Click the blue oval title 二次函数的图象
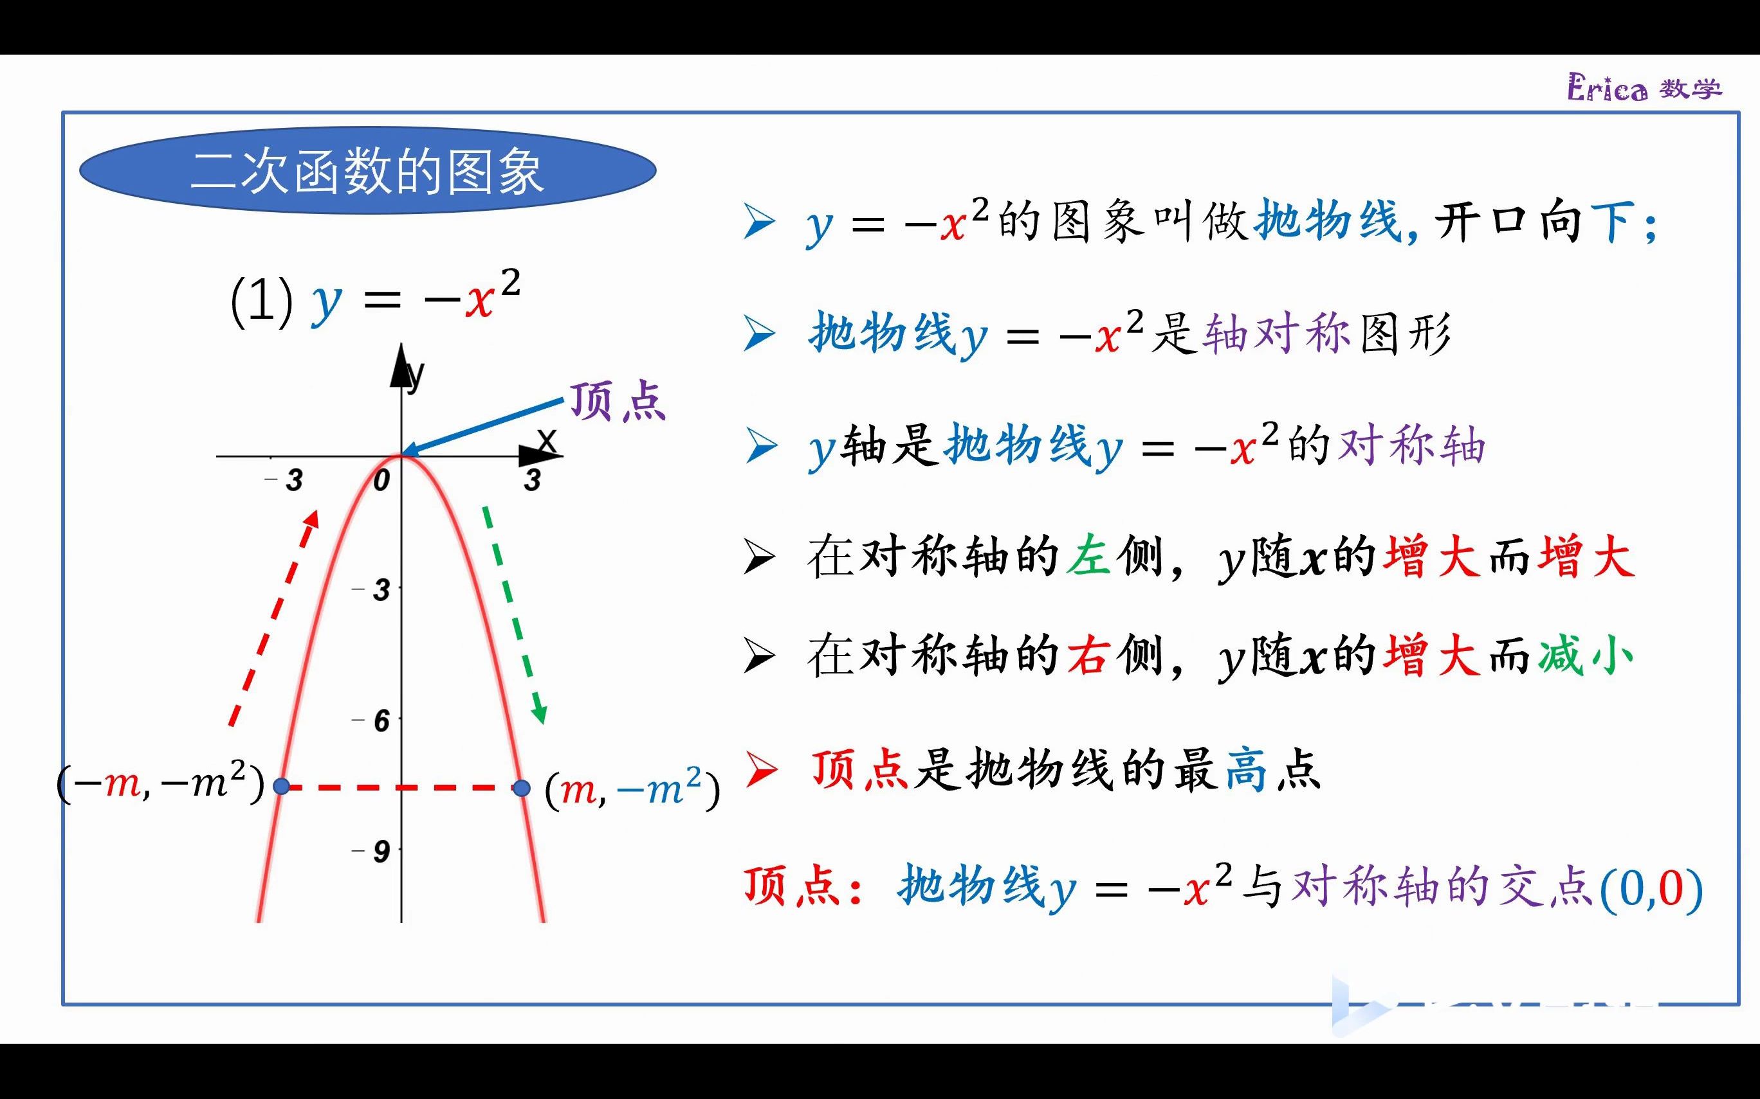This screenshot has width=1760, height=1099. (367, 172)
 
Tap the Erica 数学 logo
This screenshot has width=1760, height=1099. (1644, 89)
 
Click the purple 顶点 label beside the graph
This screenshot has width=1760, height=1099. (618, 402)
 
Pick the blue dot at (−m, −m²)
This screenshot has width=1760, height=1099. (282, 787)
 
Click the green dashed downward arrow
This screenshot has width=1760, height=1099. (513, 615)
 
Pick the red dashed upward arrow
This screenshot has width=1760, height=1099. (274, 618)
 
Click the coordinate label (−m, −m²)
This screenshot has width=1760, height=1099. (160, 783)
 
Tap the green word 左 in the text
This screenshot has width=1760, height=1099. (1088, 557)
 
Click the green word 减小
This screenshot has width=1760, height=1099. (1586, 656)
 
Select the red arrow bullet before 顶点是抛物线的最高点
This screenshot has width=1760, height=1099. (761, 771)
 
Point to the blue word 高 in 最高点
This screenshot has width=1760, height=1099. (1246, 771)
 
